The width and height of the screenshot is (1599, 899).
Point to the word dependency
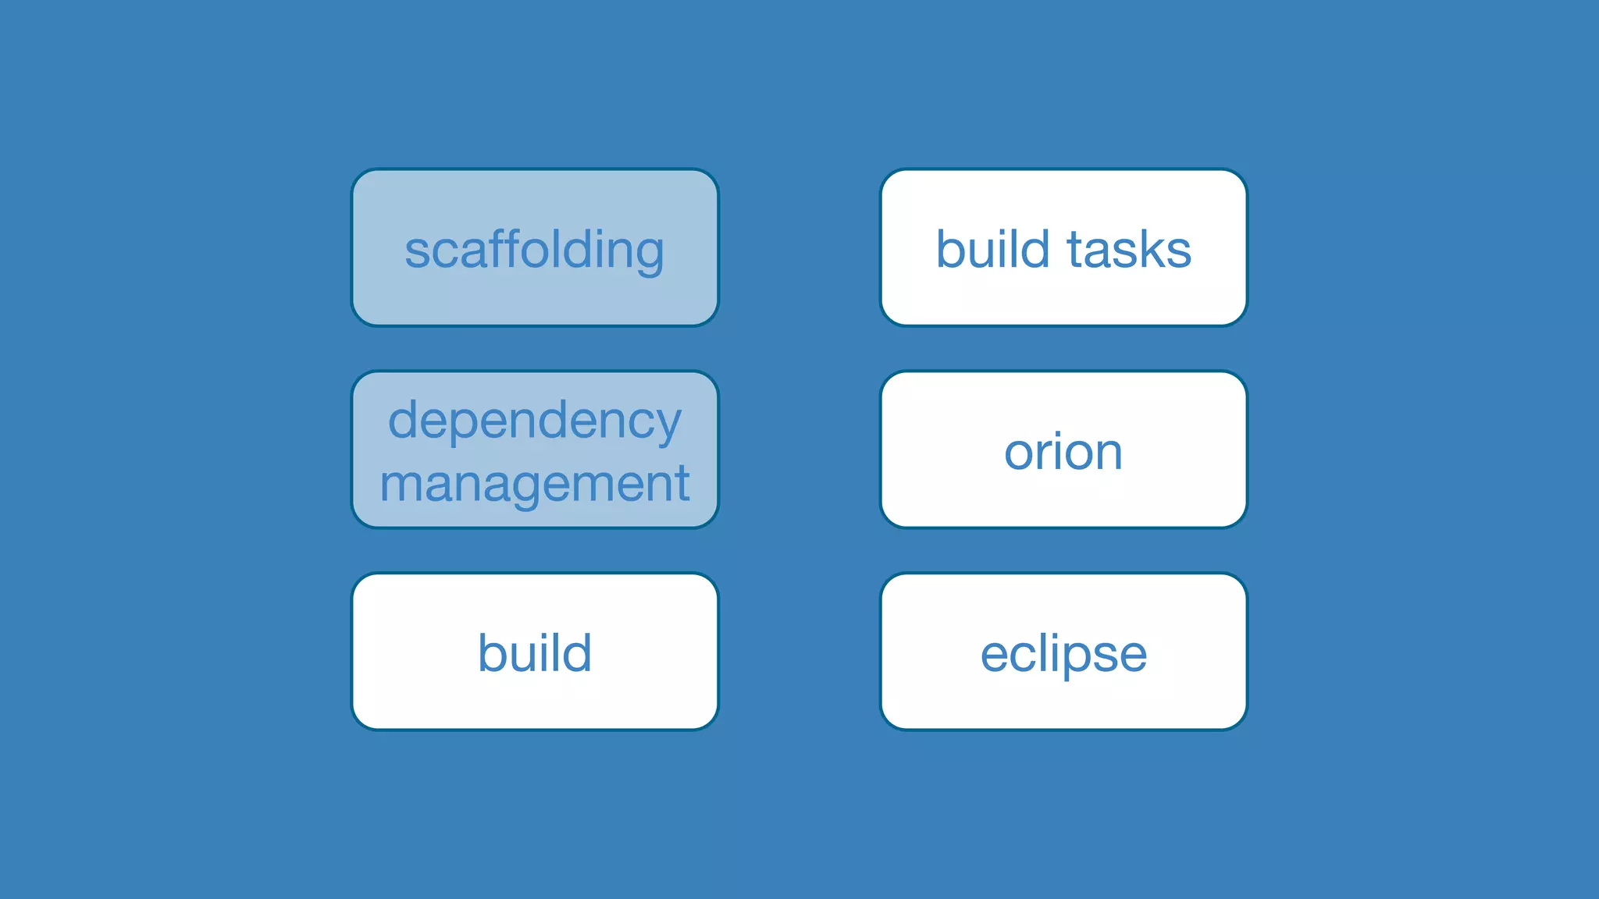click(535, 421)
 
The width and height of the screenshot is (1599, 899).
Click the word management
click(535, 484)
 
